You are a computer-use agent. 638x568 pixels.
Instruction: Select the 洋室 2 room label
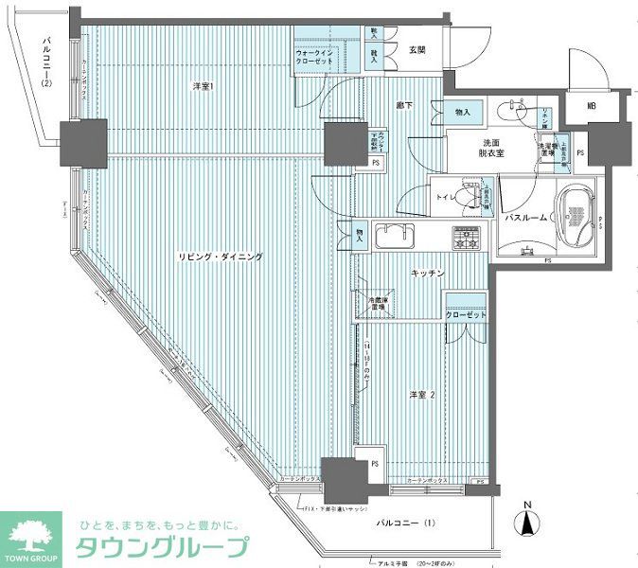point(423,394)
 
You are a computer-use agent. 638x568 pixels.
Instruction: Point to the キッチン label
point(428,273)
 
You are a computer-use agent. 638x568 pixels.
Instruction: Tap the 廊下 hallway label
point(403,106)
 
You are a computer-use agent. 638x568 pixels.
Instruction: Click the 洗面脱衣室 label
point(490,150)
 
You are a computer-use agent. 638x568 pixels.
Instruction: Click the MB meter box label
point(591,106)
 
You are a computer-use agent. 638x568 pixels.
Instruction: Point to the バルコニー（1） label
point(404,523)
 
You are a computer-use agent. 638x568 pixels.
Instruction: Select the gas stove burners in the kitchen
point(466,238)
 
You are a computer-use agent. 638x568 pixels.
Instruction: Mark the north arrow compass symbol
point(527,520)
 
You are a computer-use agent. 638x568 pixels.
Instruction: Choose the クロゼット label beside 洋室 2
point(466,315)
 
